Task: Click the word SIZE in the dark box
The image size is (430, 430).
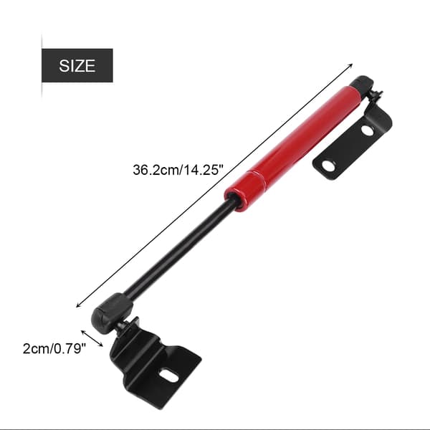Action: tap(77, 66)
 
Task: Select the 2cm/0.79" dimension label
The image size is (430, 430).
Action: tap(54, 349)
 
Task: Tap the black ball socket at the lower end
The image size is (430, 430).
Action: tap(111, 312)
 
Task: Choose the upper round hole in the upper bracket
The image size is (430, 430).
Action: tap(368, 130)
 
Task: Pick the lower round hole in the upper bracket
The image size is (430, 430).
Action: tap(328, 166)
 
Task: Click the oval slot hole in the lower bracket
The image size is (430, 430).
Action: tap(169, 375)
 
